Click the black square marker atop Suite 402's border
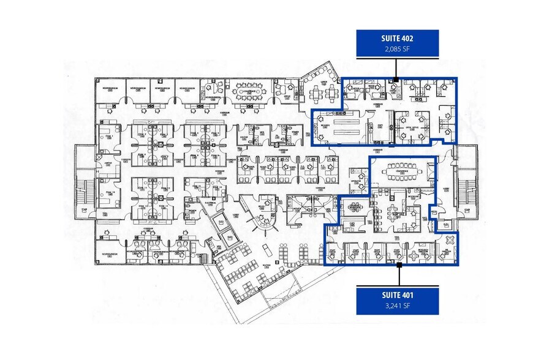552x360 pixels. click(396, 78)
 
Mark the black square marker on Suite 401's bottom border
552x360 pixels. click(399, 265)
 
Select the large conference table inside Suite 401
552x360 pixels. click(403, 168)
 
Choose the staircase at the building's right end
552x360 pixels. click(469, 184)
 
